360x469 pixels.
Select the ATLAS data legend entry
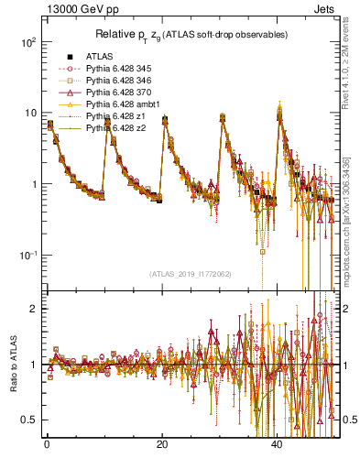(x=100, y=57)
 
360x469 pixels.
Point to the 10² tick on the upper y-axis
(x=30, y=42)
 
